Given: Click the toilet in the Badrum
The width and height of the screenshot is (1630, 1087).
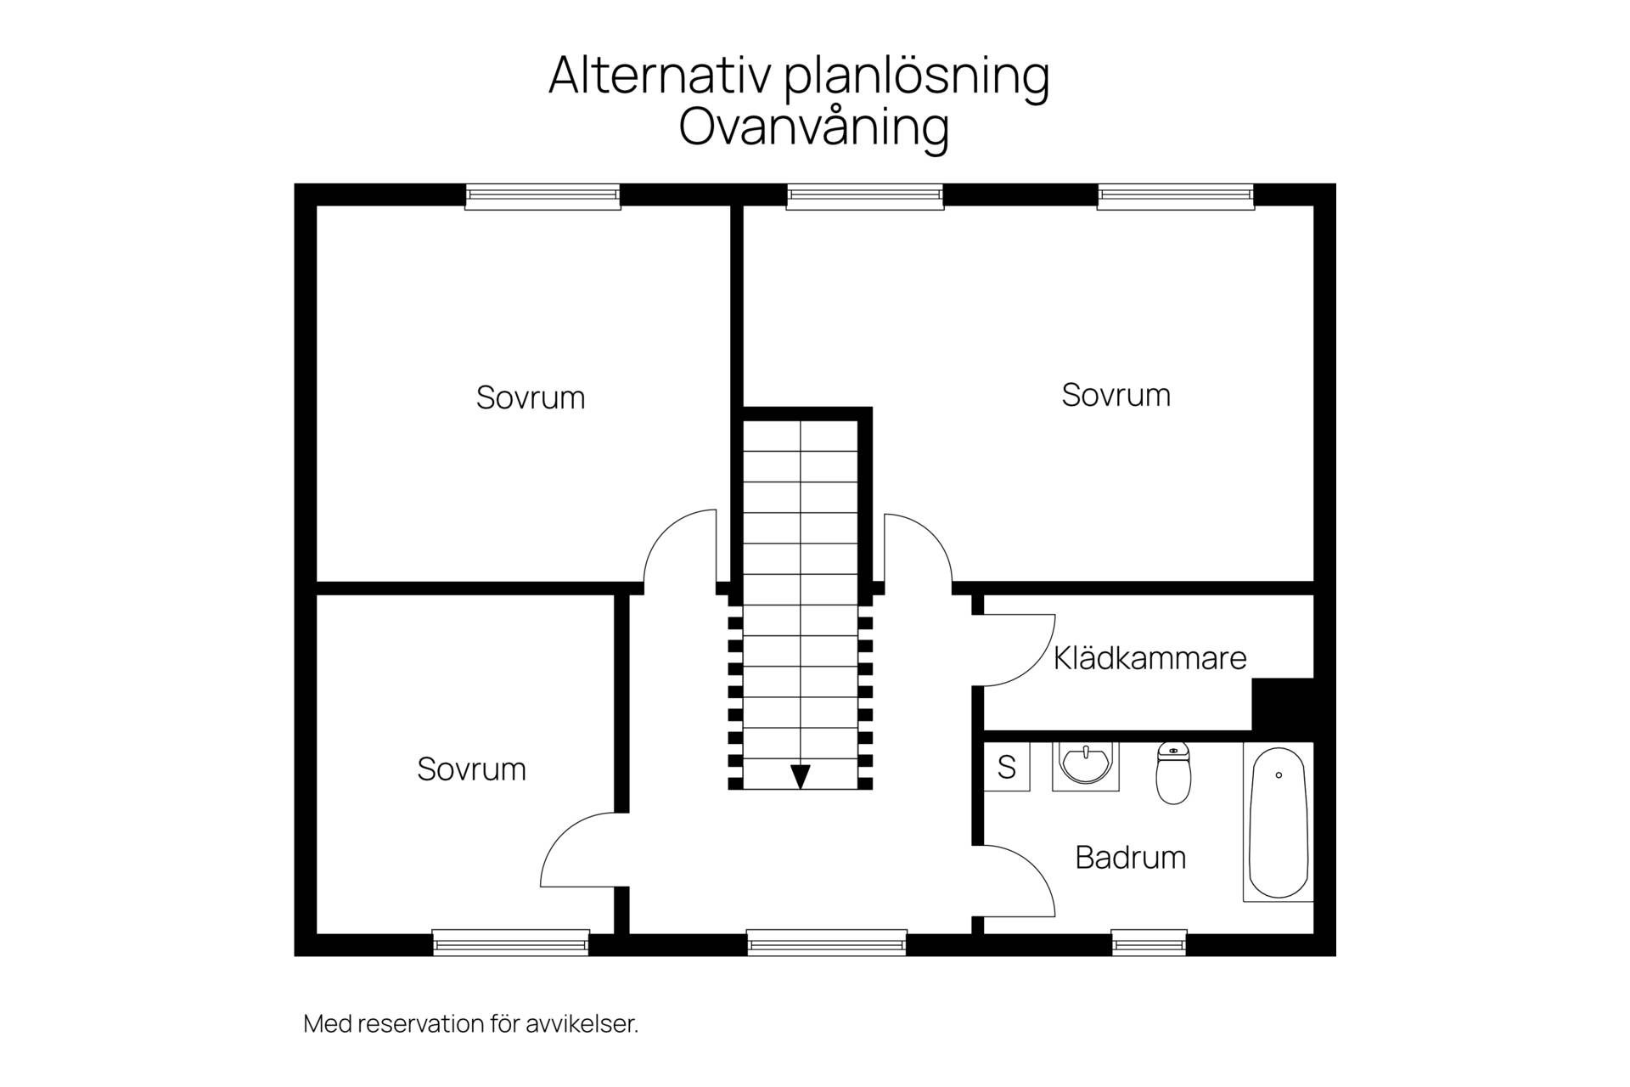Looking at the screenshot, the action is [1173, 773].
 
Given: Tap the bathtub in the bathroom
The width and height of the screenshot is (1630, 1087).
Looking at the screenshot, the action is [1278, 822].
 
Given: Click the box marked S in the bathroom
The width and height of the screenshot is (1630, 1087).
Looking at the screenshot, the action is [1007, 767].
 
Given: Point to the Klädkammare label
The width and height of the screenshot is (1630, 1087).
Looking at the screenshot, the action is [1150, 658].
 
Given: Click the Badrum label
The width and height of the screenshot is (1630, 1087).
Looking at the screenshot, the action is [1131, 858].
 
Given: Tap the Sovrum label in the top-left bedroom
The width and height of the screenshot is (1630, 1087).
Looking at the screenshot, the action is [531, 397].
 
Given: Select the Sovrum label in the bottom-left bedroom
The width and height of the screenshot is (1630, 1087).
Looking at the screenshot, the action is [472, 769].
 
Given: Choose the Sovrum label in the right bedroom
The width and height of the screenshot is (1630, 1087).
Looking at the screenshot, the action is [1116, 395].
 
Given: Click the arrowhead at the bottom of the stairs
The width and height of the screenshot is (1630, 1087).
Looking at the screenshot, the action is [801, 776].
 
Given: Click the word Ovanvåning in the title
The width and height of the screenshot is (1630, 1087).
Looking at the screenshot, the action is [813, 127].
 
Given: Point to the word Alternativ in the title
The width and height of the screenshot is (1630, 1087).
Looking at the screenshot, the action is [660, 75].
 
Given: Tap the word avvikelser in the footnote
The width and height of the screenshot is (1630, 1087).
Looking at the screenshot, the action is [582, 1024].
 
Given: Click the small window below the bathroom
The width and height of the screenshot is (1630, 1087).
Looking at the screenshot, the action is [1149, 943].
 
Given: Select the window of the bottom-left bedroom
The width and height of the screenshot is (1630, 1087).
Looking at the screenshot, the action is [511, 943].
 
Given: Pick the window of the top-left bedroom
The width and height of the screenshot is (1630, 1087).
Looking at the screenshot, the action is [543, 197].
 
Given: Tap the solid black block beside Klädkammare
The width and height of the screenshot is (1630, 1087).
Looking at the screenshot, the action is [1283, 704].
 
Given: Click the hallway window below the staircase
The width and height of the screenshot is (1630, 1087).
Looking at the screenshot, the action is [827, 943].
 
